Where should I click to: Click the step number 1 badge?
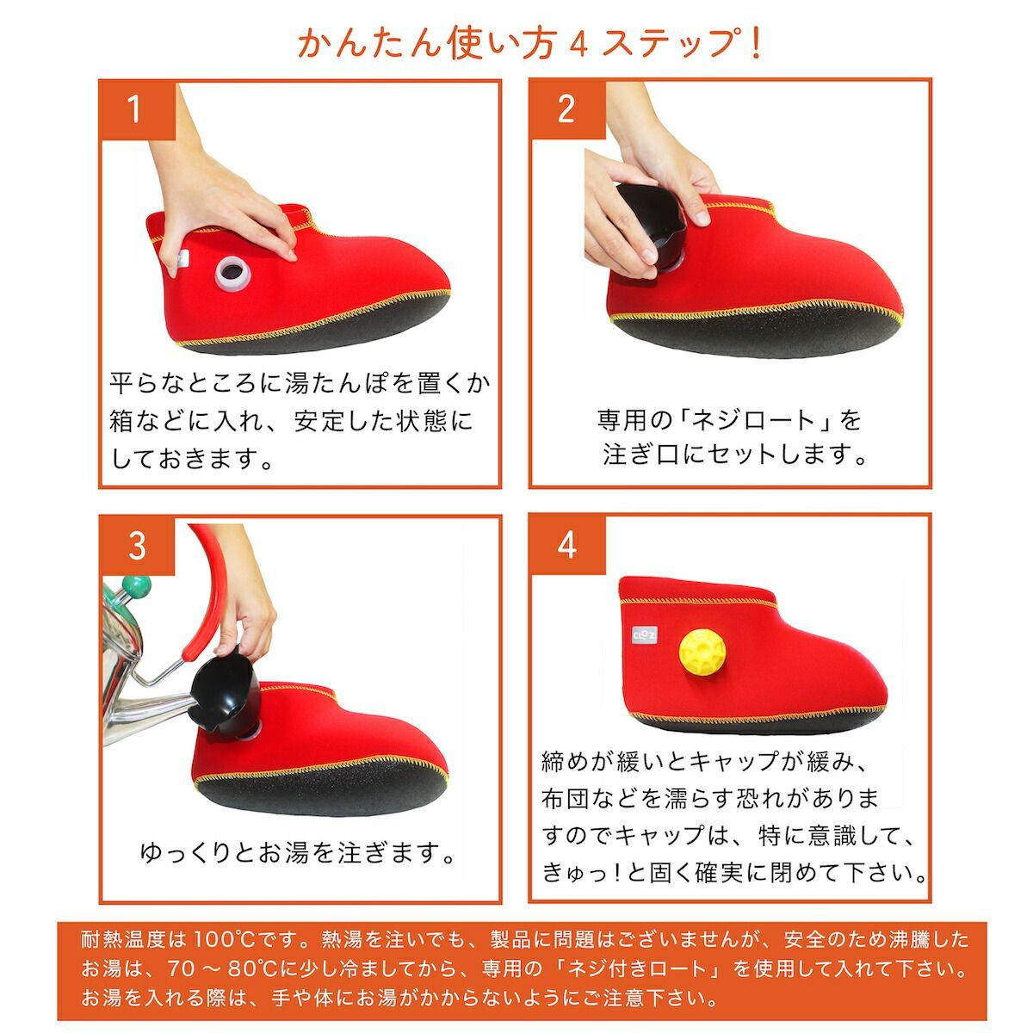tap(136, 109)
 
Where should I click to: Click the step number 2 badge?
tap(566, 109)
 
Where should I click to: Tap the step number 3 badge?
tap(136, 546)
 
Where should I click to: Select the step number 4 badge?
tap(566, 546)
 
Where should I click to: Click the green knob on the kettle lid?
tap(135, 588)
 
